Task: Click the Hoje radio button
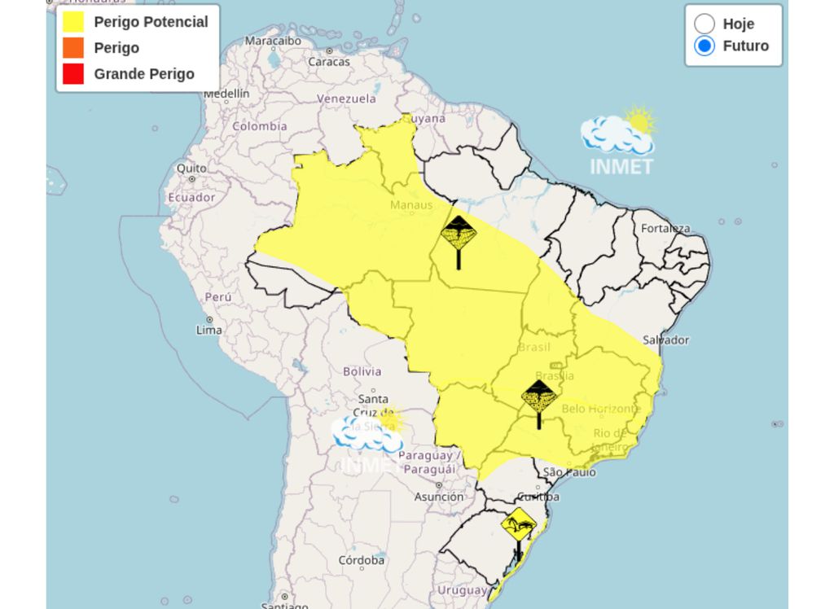705,24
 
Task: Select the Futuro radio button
705,46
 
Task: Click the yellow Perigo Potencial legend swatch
73,22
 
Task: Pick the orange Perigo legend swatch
73,48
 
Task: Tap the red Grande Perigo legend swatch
73,74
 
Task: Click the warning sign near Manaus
459,234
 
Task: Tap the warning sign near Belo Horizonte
538,397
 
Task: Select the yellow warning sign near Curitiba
519,525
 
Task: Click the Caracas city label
328,61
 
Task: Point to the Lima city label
209,330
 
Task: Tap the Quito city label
192,168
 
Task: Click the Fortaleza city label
665,228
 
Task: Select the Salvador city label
665,340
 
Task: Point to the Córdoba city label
362,560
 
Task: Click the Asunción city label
439,497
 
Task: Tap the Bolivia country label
362,371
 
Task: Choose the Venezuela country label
346,99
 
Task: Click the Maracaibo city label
273,41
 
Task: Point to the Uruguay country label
462,589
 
